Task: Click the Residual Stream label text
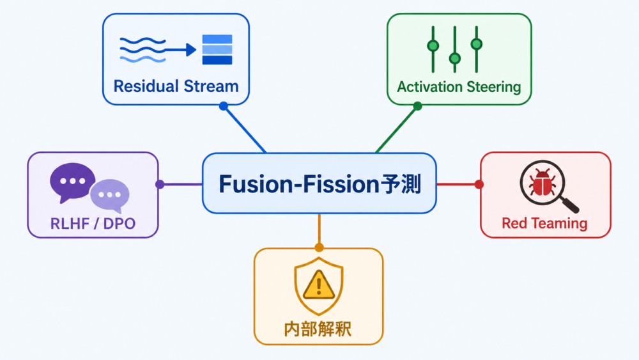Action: [x=176, y=86]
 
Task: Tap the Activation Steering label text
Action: [x=459, y=87]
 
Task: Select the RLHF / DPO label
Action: [x=93, y=223]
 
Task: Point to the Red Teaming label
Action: [x=544, y=223]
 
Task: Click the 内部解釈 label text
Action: [x=318, y=329]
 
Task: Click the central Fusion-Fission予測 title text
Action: [x=320, y=184]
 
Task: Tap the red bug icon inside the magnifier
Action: [x=542, y=183]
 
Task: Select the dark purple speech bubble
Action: [x=73, y=182]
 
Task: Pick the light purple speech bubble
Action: [x=110, y=195]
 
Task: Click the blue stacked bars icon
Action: [x=217, y=49]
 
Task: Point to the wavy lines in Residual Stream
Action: [x=142, y=50]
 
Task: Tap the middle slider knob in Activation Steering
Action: [x=455, y=58]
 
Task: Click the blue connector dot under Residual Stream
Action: [x=223, y=106]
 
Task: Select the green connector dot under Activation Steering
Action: [x=417, y=106]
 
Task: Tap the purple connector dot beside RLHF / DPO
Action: [x=160, y=184]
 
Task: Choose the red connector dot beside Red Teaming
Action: [x=479, y=184]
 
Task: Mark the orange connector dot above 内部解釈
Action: [x=319, y=247]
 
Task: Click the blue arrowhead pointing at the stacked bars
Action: [x=191, y=50]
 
